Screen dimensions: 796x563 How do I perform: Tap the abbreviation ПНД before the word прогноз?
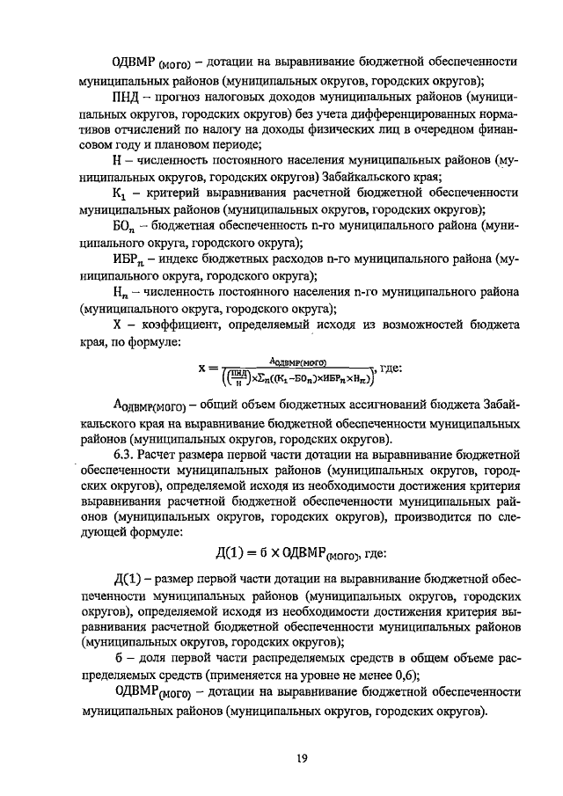128,95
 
